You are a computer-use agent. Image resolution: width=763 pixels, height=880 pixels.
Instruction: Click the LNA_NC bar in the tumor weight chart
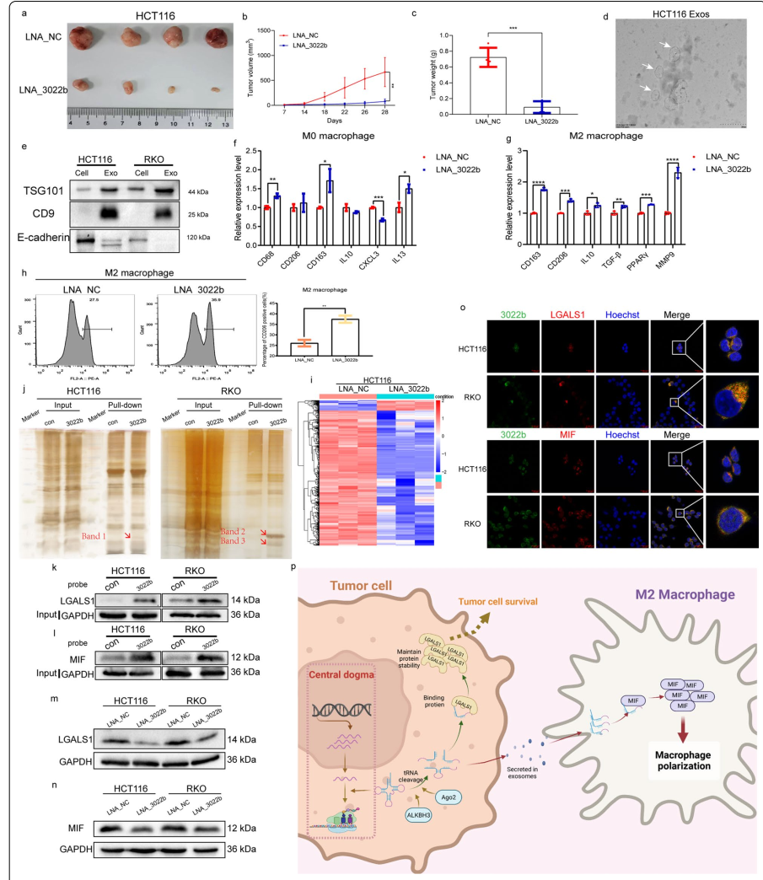tap(470, 81)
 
